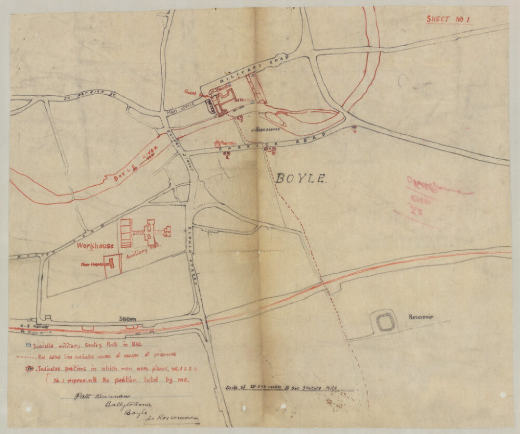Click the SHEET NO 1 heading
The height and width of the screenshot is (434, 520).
pyautogui.click(x=448, y=19)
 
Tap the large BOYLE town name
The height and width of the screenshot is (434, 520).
pyautogui.click(x=301, y=179)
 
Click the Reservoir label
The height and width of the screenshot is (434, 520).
pyautogui.click(x=421, y=317)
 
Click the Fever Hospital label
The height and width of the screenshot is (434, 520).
pyautogui.click(x=92, y=264)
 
